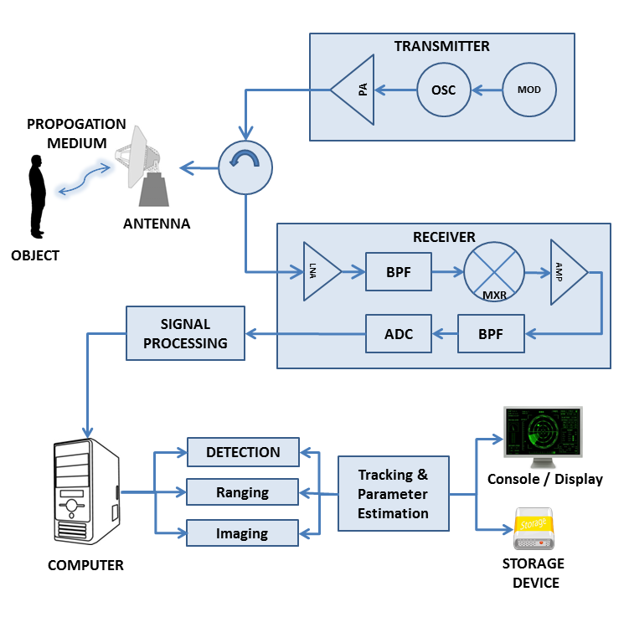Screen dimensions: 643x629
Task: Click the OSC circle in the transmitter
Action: (x=443, y=90)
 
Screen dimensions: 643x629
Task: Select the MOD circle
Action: (x=529, y=90)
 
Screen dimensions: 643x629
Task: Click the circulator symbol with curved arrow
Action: (x=245, y=167)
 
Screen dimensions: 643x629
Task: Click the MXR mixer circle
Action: (x=493, y=271)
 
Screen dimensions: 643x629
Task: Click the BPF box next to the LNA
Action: (x=399, y=271)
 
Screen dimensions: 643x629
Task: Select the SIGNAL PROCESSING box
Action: (x=185, y=333)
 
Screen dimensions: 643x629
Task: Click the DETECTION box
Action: (x=243, y=452)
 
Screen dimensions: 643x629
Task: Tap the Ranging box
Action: (x=243, y=492)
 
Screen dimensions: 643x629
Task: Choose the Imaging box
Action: (x=243, y=533)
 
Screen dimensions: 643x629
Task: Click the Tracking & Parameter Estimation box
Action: (x=393, y=493)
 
